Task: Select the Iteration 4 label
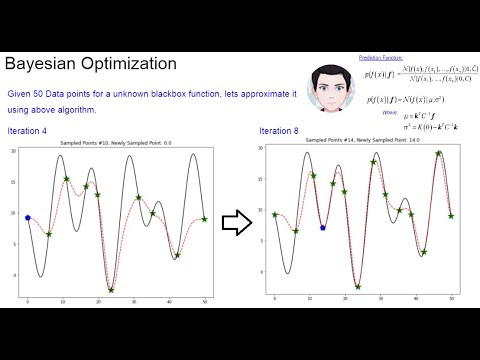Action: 30,130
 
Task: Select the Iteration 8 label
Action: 279,130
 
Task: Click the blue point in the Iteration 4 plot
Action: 28,217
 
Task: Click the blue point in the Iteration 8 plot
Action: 322,227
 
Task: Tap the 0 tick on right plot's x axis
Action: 275,298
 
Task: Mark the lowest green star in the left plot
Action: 112,290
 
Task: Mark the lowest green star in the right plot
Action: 358,286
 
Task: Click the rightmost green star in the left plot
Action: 204,219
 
